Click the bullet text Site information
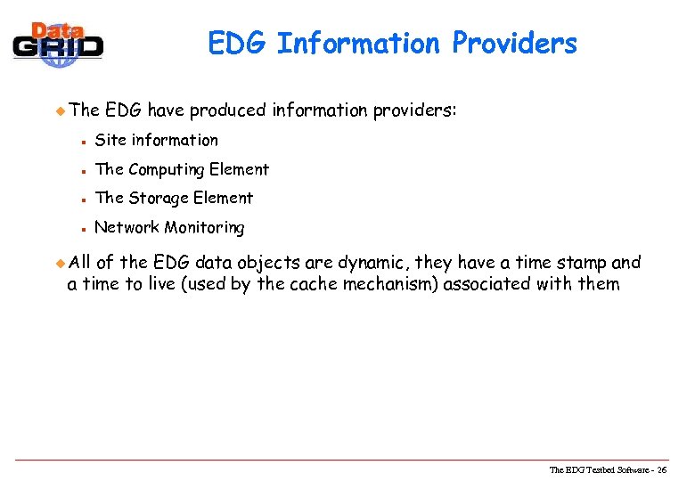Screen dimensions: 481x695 pyautogui.click(x=156, y=140)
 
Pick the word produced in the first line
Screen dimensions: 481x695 pyautogui.click(x=227, y=110)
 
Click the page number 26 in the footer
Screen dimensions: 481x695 pyautogui.click(x=674, y=469)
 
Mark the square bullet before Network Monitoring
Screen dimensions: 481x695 pyautogui.click(x=81, y=228)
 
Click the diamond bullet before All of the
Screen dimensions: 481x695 pyautogui.click(x=61, y=262)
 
